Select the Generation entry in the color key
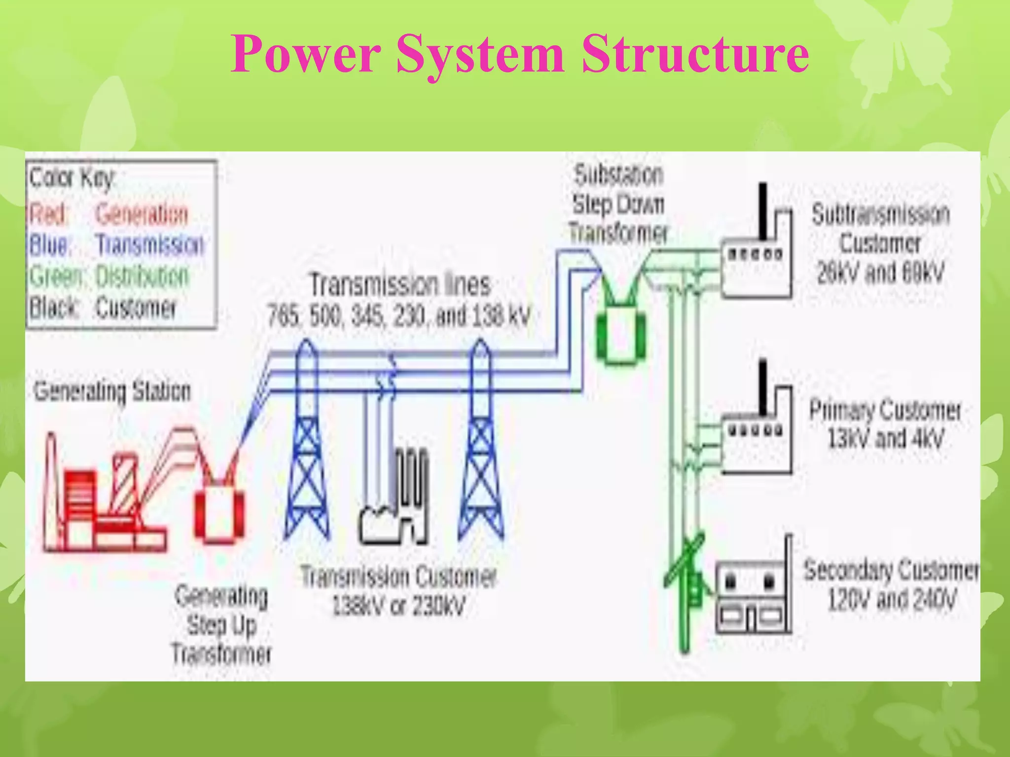142,214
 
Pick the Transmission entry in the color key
150,245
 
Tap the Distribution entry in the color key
142,276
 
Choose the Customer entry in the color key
136,308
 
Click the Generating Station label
112,391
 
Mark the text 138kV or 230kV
398,606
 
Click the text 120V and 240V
892,600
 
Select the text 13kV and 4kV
885,439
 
